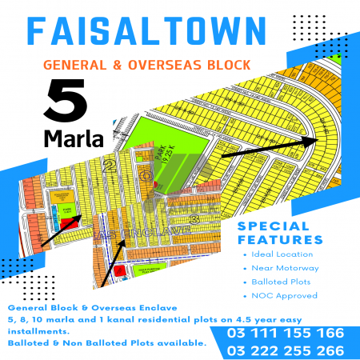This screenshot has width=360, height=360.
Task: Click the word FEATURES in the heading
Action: point(280,239)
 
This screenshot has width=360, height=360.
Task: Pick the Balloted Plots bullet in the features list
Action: point(280,282)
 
